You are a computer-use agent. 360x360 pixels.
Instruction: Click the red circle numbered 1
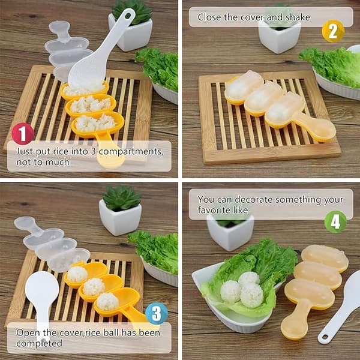[x=23, y=133]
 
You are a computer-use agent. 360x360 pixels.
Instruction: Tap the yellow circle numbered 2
[x=333, y=31]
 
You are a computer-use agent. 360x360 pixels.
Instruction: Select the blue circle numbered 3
[x=157, y=313]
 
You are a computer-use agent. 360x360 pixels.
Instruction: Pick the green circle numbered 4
[x=335, y=222]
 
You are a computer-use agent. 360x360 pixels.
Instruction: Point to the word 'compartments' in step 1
[x=131, y=152]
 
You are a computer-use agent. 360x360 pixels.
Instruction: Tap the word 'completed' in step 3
[x=39, y=343]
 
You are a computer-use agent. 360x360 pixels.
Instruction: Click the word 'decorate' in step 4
[x=254, y=200]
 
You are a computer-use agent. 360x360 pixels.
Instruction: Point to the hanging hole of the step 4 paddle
[x=325, y=337]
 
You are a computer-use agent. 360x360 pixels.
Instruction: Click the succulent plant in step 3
[x=121, y=198]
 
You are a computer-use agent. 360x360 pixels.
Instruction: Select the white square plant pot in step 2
[x=280, y=37]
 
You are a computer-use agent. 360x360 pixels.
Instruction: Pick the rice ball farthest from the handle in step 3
[x=77, y=274]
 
